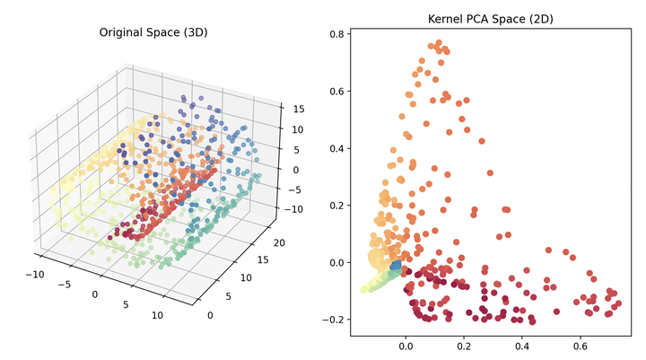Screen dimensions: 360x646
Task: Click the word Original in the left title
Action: pos(120,33)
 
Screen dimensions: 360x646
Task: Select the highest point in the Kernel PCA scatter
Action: pos(438,42)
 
